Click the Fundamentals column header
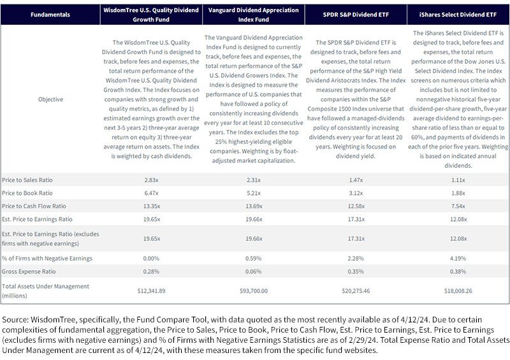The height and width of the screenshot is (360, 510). [50, 15]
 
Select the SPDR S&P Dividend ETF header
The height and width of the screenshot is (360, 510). [356, 15]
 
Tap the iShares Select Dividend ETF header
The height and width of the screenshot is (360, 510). [458, 15]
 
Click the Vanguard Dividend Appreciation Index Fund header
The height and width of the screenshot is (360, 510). [253, 15]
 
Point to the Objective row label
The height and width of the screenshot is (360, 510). [50, 99]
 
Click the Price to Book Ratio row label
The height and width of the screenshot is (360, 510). [27, 193]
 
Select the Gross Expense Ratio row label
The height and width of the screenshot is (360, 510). [29, 271]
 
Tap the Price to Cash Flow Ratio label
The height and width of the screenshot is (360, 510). [34, 206]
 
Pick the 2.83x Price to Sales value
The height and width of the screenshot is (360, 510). [151, 180]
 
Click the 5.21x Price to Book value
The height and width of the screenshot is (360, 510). [253, 193]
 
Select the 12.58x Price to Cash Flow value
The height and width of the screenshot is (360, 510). [356, 206]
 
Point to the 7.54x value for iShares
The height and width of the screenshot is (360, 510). [458, 206]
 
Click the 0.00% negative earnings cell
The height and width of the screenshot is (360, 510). [151, 259]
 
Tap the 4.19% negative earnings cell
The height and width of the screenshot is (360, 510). [458, 259]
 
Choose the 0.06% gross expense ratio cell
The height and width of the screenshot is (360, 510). [253, 271]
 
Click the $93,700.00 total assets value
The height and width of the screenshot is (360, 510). [253, 291]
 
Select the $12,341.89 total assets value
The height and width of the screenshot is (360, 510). [151, 291]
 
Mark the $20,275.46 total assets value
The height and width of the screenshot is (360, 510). [356, 291]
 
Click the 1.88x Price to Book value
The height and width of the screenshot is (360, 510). [458, 193]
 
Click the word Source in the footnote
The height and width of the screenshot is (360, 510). [15, 320]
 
